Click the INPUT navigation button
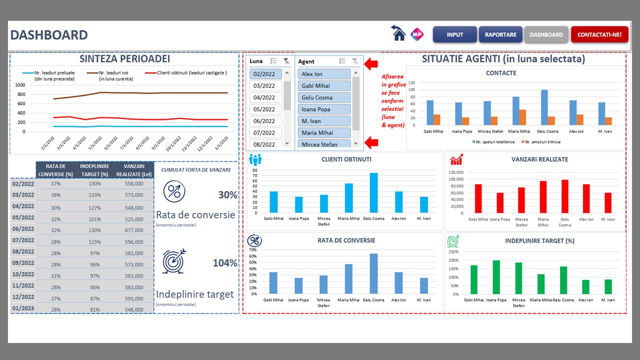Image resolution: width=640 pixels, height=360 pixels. (454, 34)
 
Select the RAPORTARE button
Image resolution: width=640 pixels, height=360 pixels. (500, 34)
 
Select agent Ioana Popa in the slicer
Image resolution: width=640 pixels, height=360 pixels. (324, 109)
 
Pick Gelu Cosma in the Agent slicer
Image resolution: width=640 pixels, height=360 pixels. (324, 97)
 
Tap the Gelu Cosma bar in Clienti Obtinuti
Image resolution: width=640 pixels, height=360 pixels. (373, 192)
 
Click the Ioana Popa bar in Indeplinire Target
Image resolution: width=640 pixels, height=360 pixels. (496, 277)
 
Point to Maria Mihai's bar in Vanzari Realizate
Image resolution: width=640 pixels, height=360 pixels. (543, 197)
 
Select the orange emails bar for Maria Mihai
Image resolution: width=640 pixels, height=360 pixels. (522, 117)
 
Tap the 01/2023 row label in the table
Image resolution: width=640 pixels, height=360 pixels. (23, 308)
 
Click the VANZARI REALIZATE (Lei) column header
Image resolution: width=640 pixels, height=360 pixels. (133, 170)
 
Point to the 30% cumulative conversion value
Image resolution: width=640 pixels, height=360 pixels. (227, 195)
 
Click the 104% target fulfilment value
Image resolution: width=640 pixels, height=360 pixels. (225, 263)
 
